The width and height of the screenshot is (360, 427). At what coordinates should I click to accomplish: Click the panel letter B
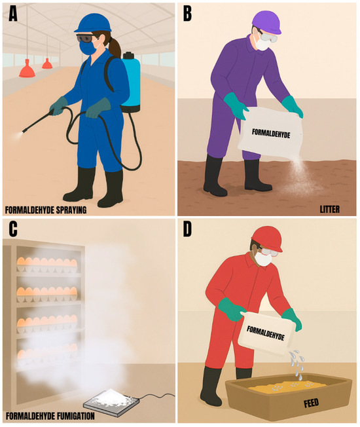(187, 14)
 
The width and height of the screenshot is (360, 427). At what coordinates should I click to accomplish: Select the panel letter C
(13, 229)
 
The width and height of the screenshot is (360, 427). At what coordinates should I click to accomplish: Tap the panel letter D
(187, 230)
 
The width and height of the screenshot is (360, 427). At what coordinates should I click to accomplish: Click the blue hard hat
(93, 23)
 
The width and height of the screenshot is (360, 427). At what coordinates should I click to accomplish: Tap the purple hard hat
(266, 22)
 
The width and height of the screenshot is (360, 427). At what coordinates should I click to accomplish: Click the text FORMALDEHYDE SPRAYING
(46, 210)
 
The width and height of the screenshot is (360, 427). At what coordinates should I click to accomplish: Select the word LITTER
(329, 209)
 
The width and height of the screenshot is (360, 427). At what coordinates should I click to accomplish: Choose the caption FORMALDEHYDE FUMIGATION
(50, 416)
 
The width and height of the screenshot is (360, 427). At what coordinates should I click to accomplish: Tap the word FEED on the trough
(311, 403)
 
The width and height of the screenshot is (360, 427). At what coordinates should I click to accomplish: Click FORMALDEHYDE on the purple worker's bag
(271, 134)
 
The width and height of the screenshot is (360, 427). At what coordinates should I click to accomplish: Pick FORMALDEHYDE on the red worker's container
(265, 333)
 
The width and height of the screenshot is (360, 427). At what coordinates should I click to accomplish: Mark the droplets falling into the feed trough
(297, 364)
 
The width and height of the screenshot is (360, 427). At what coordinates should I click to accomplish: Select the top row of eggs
(47, 262)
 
